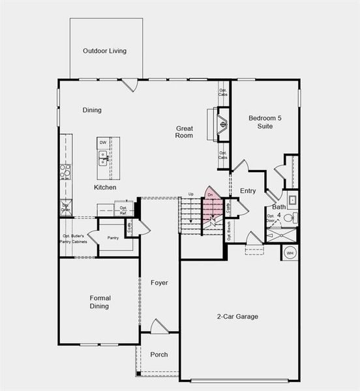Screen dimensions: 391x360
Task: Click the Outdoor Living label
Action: (104, 51)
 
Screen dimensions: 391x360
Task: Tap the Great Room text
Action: (184, 132)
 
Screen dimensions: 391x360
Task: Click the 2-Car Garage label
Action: (237, 317)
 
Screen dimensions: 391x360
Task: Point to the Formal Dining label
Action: (99, 302)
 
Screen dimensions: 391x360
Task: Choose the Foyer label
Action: (159, 283)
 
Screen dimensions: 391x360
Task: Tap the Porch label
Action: (158, 355)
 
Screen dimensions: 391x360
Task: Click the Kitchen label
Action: (105, 188)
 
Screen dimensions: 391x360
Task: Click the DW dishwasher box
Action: (103, 142)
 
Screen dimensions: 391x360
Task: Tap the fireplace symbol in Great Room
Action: (222, 123)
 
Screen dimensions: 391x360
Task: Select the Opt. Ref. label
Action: (123, 210)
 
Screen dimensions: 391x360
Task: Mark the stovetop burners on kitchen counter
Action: (65, 171)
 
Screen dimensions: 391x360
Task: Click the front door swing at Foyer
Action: (159, 326)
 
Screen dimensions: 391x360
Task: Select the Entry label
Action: (248, 191)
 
